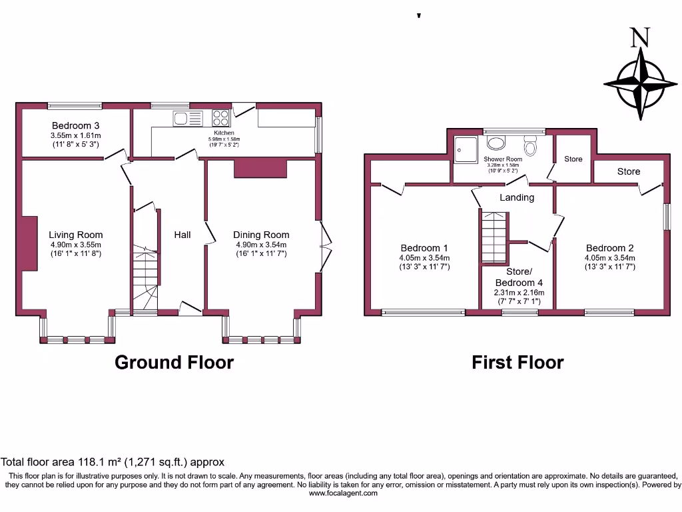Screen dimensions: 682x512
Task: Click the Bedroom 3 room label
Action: (76, 126)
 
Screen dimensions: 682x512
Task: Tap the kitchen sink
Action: (188, 119)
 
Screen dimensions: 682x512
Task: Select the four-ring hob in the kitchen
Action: (220, 117)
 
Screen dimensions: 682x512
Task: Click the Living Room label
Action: (76, 235)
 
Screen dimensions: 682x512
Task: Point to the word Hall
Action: (182, 235)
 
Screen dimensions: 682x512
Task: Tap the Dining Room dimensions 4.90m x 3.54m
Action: (261, 245)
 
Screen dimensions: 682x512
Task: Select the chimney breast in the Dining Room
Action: (260, 169)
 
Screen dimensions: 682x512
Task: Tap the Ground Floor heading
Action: (174, 362)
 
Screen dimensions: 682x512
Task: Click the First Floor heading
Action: (517, 362)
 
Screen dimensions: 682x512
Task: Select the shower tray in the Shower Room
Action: (466, 149)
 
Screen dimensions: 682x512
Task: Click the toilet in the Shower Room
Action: (531, 145)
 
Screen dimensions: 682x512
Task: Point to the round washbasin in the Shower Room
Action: (496, 143)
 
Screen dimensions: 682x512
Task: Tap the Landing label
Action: (517, 197)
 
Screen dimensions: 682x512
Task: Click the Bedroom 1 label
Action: (424, 248)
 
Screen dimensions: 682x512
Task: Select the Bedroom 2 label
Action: (610, 248)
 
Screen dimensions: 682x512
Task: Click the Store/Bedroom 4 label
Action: (519, 277)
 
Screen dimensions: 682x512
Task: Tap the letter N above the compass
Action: (640, 37)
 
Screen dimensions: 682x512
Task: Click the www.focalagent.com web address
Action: (343, 493)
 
